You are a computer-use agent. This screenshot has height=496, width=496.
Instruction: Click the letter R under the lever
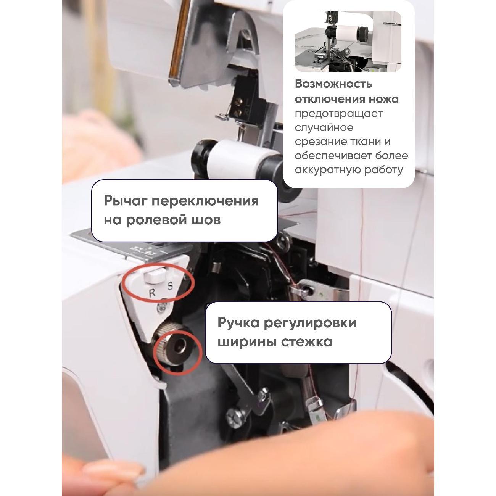coord(152,293)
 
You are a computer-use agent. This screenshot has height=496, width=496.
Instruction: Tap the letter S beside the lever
coord(170,286)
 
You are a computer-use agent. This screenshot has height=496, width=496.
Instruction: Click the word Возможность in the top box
coord(333,84)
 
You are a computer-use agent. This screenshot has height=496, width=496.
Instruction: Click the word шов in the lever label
coord(207,220)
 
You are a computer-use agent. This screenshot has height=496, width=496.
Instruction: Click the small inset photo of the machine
coord(348,41)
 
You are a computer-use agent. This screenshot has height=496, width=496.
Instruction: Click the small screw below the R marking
coord(162,308)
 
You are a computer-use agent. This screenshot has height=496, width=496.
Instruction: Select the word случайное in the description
coord(324,128)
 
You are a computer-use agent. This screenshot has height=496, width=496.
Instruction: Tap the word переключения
coord(205,201)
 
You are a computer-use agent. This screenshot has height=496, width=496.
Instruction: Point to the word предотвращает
coord(338,114)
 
